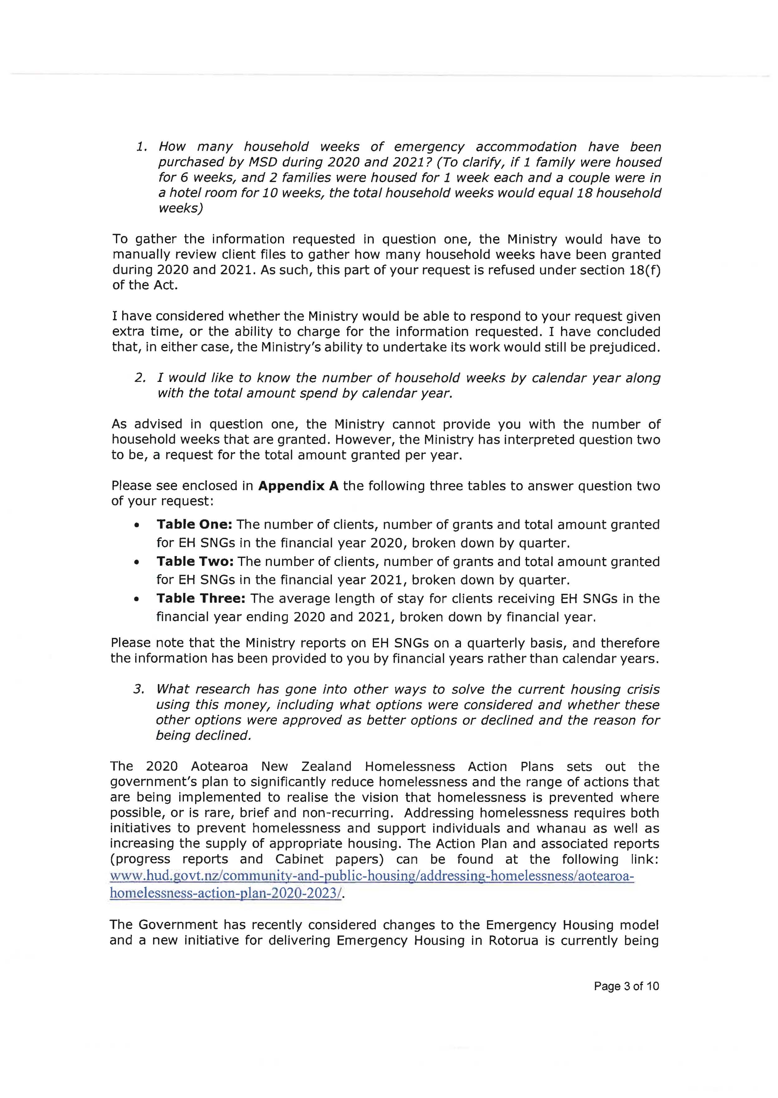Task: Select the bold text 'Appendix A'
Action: point(298,486)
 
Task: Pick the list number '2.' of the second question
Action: point(140,378)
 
